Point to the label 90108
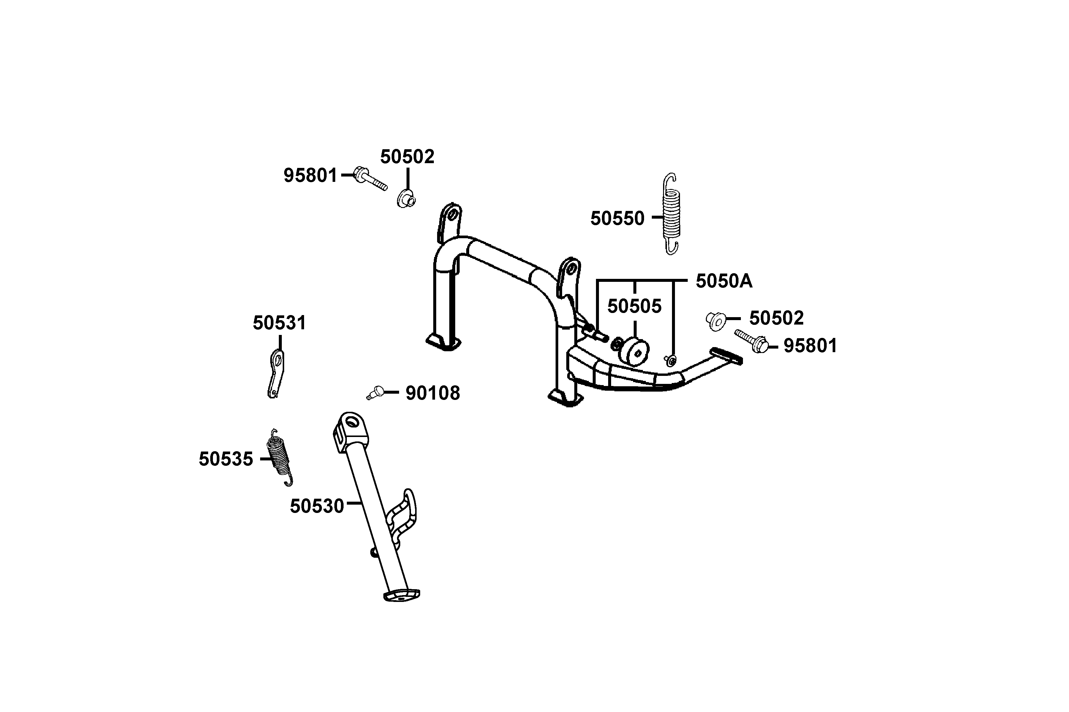tap(432, 393)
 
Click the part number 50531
tap(279, 323)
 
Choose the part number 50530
tap(317, 506)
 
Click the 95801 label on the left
tap(310, 175)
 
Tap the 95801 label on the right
tap(810, 346)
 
